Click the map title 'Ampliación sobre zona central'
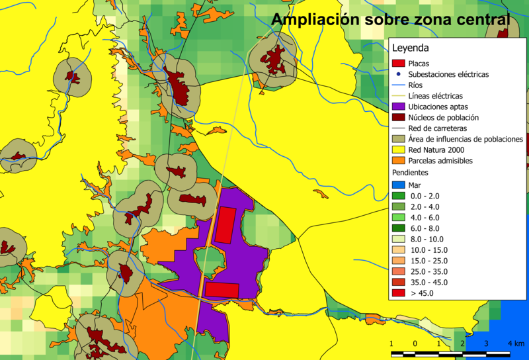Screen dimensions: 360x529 click(x=391, y=20)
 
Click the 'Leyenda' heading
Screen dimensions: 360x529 click(x=411, y=48)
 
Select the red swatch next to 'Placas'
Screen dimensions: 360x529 click(x=398, y=64)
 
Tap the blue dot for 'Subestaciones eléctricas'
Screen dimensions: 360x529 click(x=398, y=75)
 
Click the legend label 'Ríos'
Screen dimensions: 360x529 click(x=417, y=85)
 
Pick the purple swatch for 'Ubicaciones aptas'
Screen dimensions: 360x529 click(x=398, y=107)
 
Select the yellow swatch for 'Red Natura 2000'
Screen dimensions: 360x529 click(x=398, y=150)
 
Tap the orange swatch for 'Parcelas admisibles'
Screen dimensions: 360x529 click(x=398, y=161)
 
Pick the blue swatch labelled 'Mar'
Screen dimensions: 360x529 click(x=398, y=185)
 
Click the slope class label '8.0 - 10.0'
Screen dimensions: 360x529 click(x=428, y=239)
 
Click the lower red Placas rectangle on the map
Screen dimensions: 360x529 click(x=221, y=289)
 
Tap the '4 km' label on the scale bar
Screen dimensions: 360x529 click(x=516, y=343)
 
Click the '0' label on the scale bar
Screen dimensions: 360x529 click(x=415, y=343)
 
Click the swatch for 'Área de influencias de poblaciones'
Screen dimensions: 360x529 click(x=398, y=139)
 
